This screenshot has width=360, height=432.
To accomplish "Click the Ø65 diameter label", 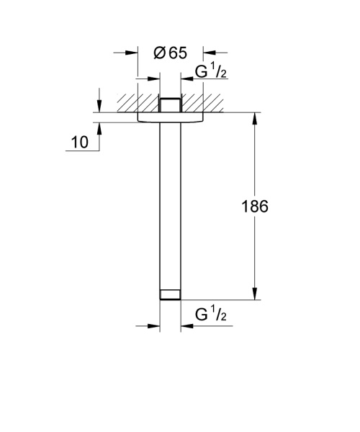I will click(x=171, y=53).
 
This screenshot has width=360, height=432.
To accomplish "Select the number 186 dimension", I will click(x=254, y=206).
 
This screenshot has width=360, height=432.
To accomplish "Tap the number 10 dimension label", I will click(x=80, y=142).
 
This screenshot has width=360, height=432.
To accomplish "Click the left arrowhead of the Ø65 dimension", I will click(x=131, y=53).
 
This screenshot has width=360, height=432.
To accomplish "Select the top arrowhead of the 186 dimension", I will click(x=254, y=118).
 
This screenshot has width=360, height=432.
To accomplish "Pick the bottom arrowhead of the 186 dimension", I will click(x=254, y=294).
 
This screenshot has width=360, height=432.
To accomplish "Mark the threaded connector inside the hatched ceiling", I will click(x=170, y=104).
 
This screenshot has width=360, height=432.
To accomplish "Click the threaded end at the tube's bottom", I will click(x=170, y=294).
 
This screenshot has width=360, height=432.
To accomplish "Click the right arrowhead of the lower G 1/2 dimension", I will click(x=186, y=325).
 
